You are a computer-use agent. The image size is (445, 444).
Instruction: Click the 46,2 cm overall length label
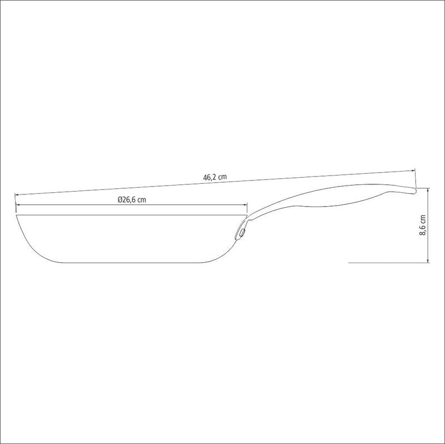pyautogui.click(x=215, y=177)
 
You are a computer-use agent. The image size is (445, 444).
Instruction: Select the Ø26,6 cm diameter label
pyautogui.click(x=132, y=199)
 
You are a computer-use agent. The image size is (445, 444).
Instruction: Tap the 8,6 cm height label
pyautogui.click(x=423, y=225)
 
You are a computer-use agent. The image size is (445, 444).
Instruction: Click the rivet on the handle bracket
pyautogui.click(x=242, y=233)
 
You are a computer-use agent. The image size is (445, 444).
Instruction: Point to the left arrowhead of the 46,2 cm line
pyautogui.click(x=17, y=195)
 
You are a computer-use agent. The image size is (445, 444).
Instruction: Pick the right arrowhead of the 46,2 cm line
pyautogui.click(x=413, y=170)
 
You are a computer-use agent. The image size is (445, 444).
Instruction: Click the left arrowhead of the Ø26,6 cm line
pyautogui.click(x=18, y=204)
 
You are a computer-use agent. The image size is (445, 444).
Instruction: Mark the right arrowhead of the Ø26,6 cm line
pyautogui.click(x=245, y=204)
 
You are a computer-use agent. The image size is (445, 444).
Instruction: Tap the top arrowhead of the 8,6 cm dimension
pyautogui.click(x=428, y=190)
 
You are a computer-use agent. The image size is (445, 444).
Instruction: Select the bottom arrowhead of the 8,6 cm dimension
pyautogui.click(x=428, y=260)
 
